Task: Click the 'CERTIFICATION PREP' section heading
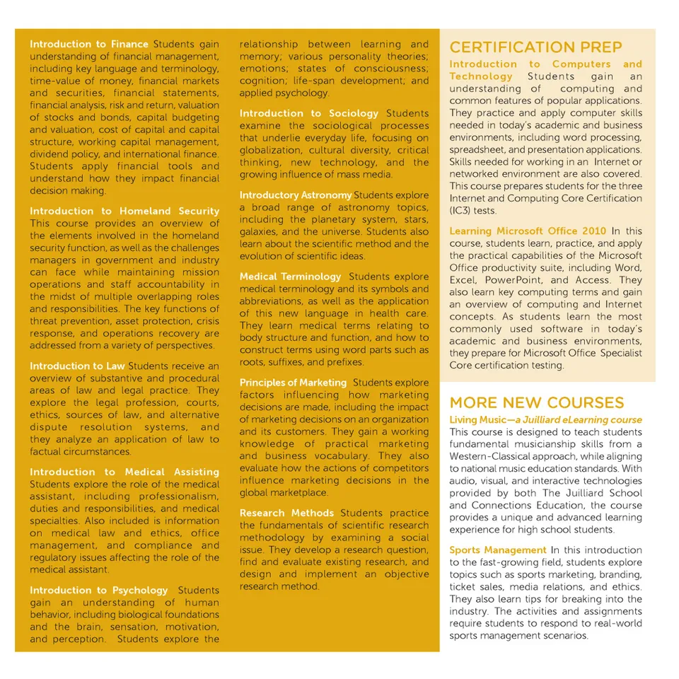tap(535, 47)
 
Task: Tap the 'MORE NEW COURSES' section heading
tap(536, 402)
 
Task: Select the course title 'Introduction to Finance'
tap(89, 45)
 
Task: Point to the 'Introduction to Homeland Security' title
tap(124, 211)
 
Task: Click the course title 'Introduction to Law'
tap(77, 366)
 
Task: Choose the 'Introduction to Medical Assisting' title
tap(124, 472)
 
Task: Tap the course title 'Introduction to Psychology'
tap(99, 590)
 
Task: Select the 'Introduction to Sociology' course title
tap(309, 113)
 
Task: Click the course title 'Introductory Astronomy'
tap(295, 195)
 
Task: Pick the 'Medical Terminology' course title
tap(290, 277)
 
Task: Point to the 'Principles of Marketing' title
tap(293, 383)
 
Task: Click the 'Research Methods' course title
tap(286, 513)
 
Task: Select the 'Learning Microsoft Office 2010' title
tap(528, 231)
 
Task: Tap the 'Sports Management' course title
tap(498, 550)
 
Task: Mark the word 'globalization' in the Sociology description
tap(270, 150)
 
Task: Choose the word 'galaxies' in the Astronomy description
tap(258, 232)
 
